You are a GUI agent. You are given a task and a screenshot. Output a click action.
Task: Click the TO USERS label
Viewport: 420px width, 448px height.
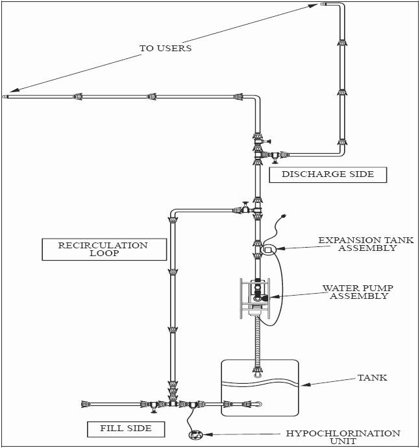click(166, 48)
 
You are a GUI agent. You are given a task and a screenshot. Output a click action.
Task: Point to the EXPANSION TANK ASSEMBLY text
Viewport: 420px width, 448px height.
click(365, 244)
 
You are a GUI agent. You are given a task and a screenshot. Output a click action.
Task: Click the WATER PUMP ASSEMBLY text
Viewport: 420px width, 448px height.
click(358, 292)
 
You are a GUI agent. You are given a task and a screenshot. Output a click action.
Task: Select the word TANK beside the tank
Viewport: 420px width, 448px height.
click(372, 377)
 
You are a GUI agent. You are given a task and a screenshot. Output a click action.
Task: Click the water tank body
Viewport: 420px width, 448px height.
click(260, 389)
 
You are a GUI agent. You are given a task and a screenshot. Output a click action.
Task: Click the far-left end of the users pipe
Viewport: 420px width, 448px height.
click(5, 97)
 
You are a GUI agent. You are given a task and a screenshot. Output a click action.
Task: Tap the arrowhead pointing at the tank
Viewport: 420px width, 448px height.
click(301, 384)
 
